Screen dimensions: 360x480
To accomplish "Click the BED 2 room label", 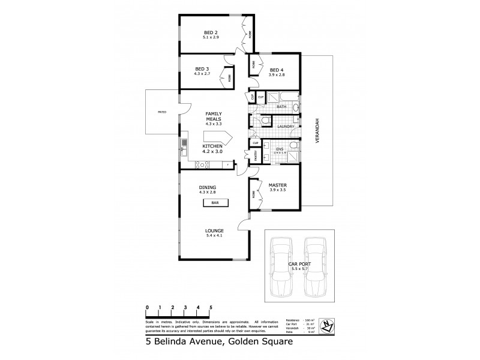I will (209, 32).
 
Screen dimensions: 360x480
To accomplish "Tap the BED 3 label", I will (201, 69).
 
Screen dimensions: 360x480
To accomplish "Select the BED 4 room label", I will (277, 69).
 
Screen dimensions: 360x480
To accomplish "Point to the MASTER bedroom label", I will (277, 185).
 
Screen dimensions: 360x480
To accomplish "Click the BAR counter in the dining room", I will (214, 203).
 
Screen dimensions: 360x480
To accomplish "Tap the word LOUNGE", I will (214, 230).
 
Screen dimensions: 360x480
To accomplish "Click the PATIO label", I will (162, 112).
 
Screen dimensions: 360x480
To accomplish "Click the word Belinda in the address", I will (175, 343).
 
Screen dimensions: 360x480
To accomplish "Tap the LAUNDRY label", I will (286, 127).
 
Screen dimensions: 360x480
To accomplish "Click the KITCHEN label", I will (212, 146).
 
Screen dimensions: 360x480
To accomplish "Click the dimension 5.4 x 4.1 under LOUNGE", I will (214, 236).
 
